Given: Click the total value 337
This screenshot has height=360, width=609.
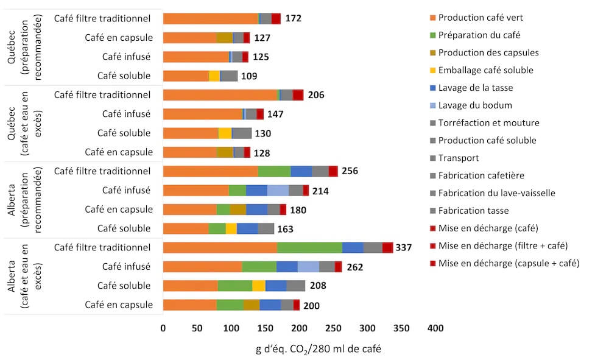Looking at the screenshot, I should click(404, 247).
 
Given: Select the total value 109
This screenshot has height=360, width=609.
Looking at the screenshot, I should click(248, 76).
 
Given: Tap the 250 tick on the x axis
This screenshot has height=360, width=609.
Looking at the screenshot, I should click(333, 328).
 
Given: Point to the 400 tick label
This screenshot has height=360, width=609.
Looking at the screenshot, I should click(435, 328).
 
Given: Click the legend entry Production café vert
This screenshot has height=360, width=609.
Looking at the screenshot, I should click(481, 17).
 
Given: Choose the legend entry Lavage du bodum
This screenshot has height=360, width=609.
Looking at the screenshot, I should click(475, 105).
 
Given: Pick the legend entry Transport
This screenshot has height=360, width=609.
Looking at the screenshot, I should click(458, 158).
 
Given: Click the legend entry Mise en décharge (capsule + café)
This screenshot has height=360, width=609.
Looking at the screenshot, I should click(509, 263).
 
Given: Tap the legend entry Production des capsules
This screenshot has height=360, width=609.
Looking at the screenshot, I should click(488, 52).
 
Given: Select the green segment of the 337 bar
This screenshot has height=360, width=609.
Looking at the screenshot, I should click(310, 247).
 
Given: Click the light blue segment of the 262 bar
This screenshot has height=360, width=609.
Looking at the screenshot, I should click(308, 266).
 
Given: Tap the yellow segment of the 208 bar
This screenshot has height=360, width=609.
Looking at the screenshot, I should click(259, 286).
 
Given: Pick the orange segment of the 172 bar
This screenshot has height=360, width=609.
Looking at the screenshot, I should click(211, 18).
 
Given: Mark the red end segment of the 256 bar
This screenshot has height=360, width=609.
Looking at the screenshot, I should click(333, 171).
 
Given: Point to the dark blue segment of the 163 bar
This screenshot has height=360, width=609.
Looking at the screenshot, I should click(247, 228).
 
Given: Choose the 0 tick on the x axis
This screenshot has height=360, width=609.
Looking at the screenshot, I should click(163, 328).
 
